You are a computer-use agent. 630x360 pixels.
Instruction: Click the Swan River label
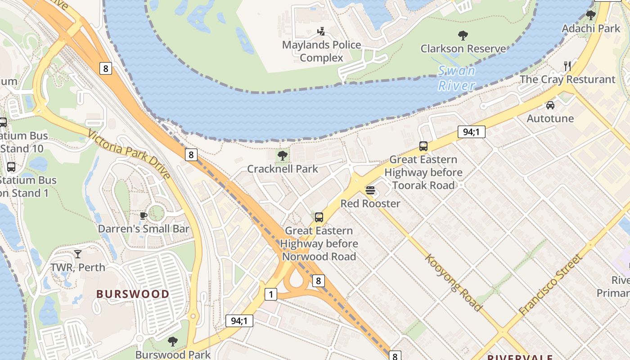click(x=457, y=78)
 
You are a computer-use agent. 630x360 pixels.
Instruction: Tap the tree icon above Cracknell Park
click(x=283, y=156)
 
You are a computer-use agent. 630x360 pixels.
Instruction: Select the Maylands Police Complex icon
click(x=321, y=31)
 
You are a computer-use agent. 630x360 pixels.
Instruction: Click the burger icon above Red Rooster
click(x=370, y=190)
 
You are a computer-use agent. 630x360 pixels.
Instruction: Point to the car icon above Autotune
click(x=550, y=105)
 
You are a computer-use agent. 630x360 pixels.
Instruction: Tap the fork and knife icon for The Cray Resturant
click(x=567, y=66)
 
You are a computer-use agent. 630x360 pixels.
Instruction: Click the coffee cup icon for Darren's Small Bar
click(x=144, y=216)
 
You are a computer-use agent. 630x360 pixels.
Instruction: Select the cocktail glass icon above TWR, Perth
click(x=78, y=254)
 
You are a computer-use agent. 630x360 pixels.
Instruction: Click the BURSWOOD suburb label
click(x=133, y=294)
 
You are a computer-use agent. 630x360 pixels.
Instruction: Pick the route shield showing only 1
click(x=270, y=294)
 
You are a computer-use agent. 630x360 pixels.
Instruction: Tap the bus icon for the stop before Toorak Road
click(x=423, y=146)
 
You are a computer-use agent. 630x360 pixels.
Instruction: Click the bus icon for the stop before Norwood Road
click(x=319, y=217)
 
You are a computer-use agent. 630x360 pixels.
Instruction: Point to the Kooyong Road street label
click(x=454, y=283)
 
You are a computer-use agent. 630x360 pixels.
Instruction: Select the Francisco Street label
click(x=550, y=285)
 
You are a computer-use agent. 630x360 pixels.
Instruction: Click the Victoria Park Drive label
click(x=129, y=154)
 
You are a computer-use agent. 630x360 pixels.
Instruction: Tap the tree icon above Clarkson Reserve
click(x=463, y=36)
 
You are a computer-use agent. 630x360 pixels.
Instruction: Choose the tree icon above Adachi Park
click(x=591, y=15)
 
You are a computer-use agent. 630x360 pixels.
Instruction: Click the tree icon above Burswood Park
click(x=172, y=342)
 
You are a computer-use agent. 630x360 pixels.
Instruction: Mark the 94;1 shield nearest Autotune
click(x=471, y=132)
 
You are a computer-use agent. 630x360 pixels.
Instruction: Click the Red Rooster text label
click(x=370, y=204)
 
